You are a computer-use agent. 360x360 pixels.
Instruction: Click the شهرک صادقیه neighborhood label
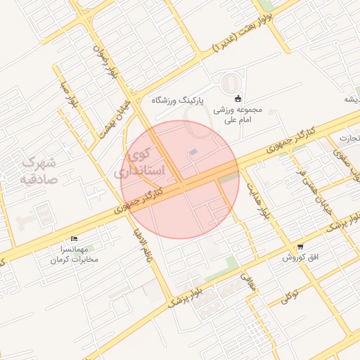pyautogui.click(x=38, y=170)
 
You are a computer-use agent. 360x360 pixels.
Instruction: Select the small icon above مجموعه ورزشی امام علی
pyautogui.click(x=238, y=98)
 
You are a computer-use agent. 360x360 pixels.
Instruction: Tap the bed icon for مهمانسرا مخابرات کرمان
pyautogui.click(x=75, y=240)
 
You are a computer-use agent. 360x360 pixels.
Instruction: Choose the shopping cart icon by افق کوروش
pyautogui.click(x=300, y=247)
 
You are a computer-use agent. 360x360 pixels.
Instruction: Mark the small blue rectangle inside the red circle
pyautogui.click(x=194, y=153)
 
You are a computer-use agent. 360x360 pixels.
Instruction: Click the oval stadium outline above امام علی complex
pyautogui.click(x=229, y=84)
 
